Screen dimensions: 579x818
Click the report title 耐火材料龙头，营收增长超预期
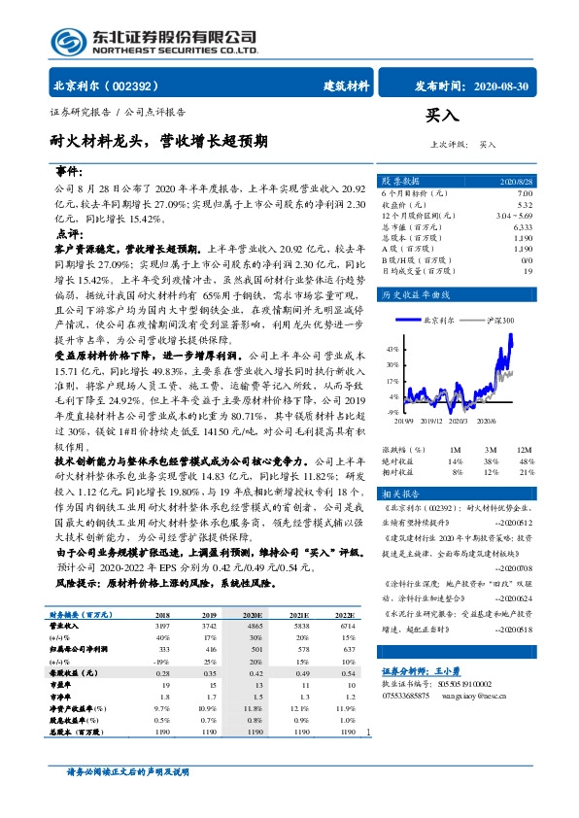[x=158, y=140]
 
